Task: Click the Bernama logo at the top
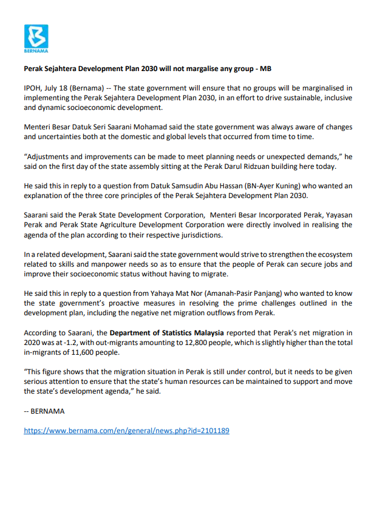coord(36,38)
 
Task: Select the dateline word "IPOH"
coord(33,88)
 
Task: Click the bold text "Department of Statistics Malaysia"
coord(168,332)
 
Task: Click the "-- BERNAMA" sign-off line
coord(44,411)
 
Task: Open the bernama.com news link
coord(126,430)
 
